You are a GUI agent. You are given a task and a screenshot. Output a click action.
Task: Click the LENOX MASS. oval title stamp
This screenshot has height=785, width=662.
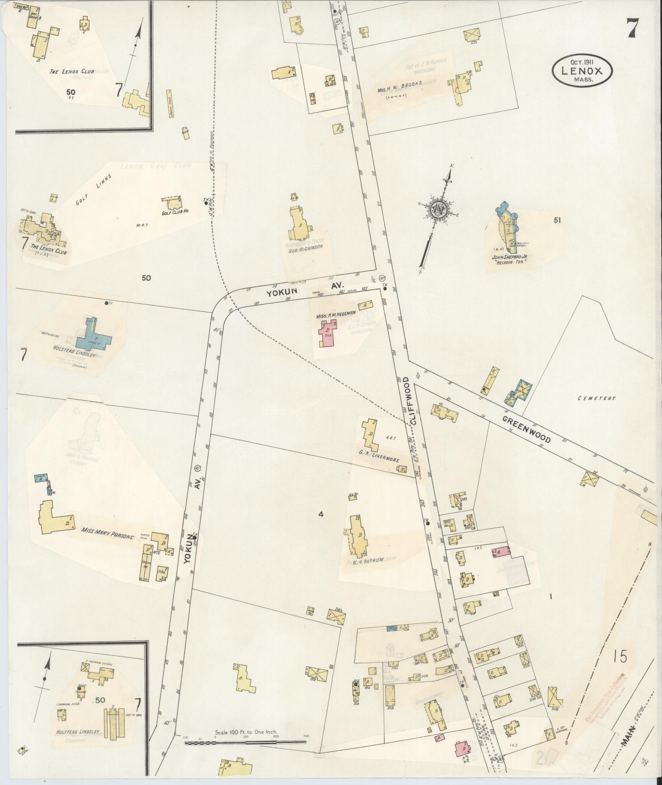point(582,70)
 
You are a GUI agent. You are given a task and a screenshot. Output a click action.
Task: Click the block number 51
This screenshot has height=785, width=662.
point(557,220)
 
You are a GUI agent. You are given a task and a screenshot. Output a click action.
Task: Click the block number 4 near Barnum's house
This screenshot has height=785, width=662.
point(321,514)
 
